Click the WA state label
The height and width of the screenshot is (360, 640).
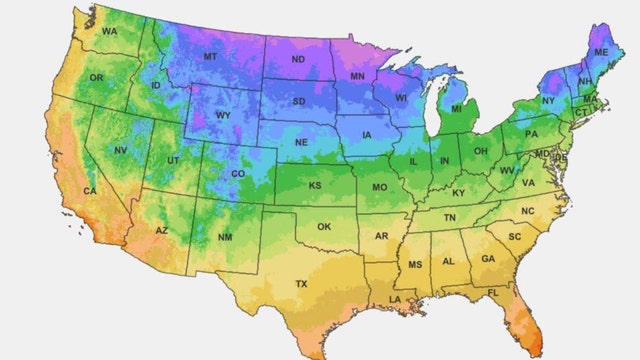[109, 33]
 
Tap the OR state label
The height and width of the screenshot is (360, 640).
[96, 78]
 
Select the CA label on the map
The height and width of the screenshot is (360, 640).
[90, 190]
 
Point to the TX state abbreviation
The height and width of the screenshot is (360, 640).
[301, 284]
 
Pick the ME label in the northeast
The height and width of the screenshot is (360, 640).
[600, 51]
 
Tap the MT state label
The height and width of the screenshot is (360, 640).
[210, 57]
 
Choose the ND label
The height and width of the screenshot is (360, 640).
[299, 59]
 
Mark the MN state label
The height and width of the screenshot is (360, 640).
[357, 76]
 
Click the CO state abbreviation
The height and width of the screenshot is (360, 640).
[238, 173]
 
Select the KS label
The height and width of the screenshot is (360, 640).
[314, 186]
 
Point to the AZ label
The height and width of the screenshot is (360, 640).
[161, 232]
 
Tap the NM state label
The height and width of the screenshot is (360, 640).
[225, 238]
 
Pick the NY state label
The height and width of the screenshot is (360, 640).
[548, 101]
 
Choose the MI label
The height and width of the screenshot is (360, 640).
[455, 108]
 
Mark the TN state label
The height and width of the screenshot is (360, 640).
[449, 217]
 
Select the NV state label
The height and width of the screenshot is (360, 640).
[120, 151]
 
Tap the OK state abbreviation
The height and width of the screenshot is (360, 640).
[323, 227]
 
